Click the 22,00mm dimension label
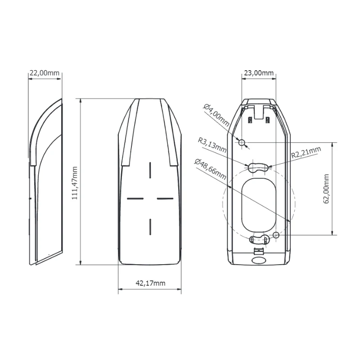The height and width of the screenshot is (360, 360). [x=44, y=73]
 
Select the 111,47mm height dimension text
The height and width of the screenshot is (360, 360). [x=75, y=183]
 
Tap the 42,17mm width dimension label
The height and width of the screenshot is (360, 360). [x=150, y=283]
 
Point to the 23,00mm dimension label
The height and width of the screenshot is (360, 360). [x=259, y=73]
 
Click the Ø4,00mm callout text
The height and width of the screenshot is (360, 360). [x=216, y=115]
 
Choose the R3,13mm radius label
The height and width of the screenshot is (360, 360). [x=212, y=145]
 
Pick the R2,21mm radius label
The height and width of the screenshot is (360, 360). [x=306, y=152]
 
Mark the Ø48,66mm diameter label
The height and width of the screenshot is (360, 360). [x=210, y=169]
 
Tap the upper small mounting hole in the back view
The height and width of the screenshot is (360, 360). [x=242, y=143]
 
